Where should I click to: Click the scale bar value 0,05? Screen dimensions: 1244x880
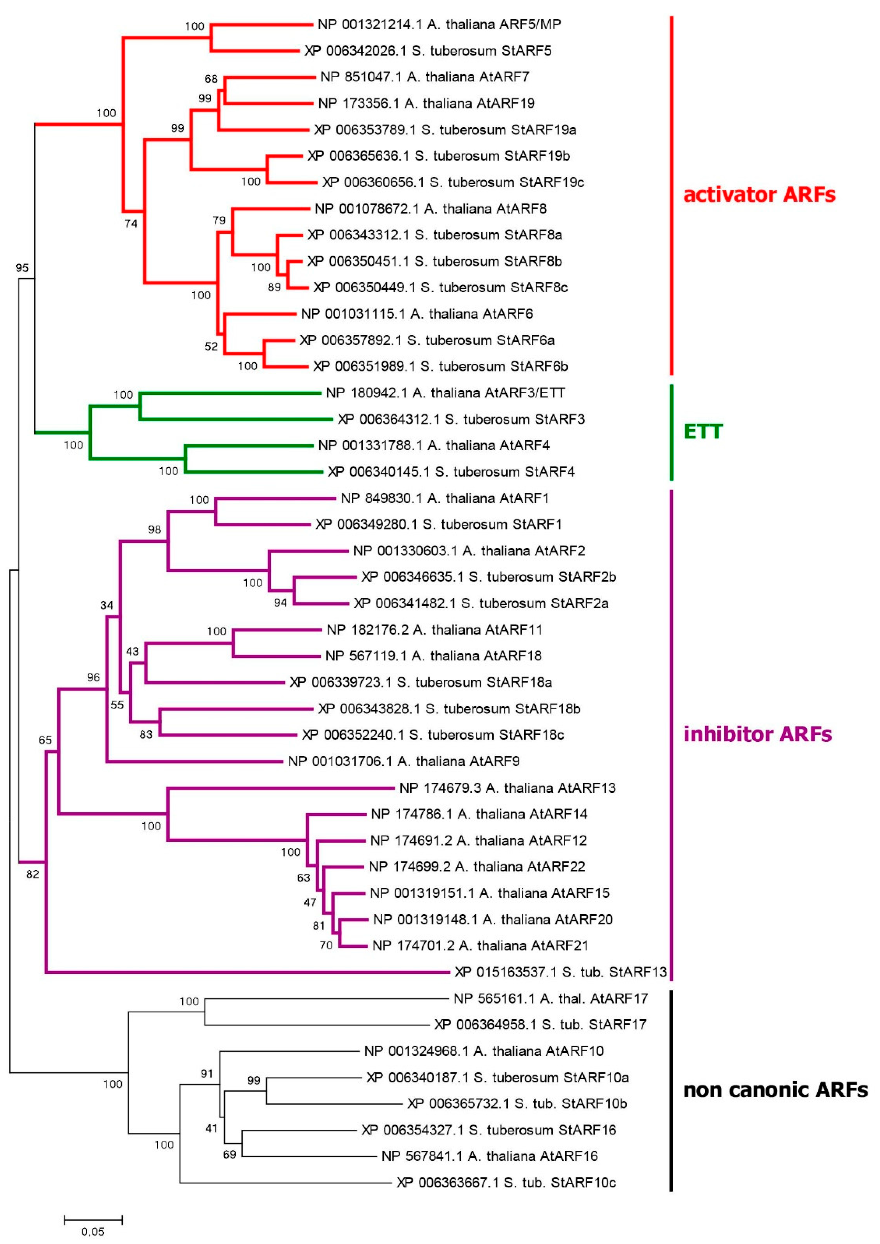(93, 1231)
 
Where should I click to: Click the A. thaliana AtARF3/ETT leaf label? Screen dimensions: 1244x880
(445, 393)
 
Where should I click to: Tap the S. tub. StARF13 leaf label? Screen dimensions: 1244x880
(560, 972)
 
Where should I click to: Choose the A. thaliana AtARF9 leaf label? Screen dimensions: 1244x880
(404, 761)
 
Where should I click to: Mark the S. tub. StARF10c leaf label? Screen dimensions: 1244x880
(506, 1183)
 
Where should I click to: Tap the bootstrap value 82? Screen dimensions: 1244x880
(33, 874)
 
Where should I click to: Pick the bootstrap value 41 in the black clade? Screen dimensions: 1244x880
(211, 1129)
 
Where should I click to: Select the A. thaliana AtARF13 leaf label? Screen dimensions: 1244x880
(507, 788)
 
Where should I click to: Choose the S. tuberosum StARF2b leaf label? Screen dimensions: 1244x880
(489, 577)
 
